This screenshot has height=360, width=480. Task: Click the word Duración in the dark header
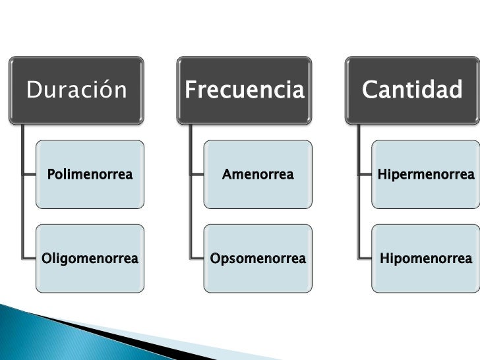point(76,90)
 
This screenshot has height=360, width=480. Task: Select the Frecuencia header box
point(245,90)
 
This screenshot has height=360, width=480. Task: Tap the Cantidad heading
point(411,90)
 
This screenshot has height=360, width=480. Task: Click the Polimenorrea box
point(90,175)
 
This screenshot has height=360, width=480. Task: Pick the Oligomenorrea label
point(90,258)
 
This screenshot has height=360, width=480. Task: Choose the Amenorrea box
point(258,175)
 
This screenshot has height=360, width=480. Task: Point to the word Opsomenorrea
point(258,258)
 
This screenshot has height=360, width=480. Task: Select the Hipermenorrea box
point(425,175)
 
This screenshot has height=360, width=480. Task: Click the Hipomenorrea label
point(425,258)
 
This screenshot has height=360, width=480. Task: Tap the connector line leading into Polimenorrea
point(29,175)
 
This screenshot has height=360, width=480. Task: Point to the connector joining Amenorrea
point(196,175)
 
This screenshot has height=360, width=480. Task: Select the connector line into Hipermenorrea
point(365,175)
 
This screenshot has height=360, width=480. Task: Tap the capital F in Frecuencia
point(191,90)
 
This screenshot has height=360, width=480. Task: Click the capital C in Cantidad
point(369,90)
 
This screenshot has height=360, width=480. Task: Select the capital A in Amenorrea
point(227,175)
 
